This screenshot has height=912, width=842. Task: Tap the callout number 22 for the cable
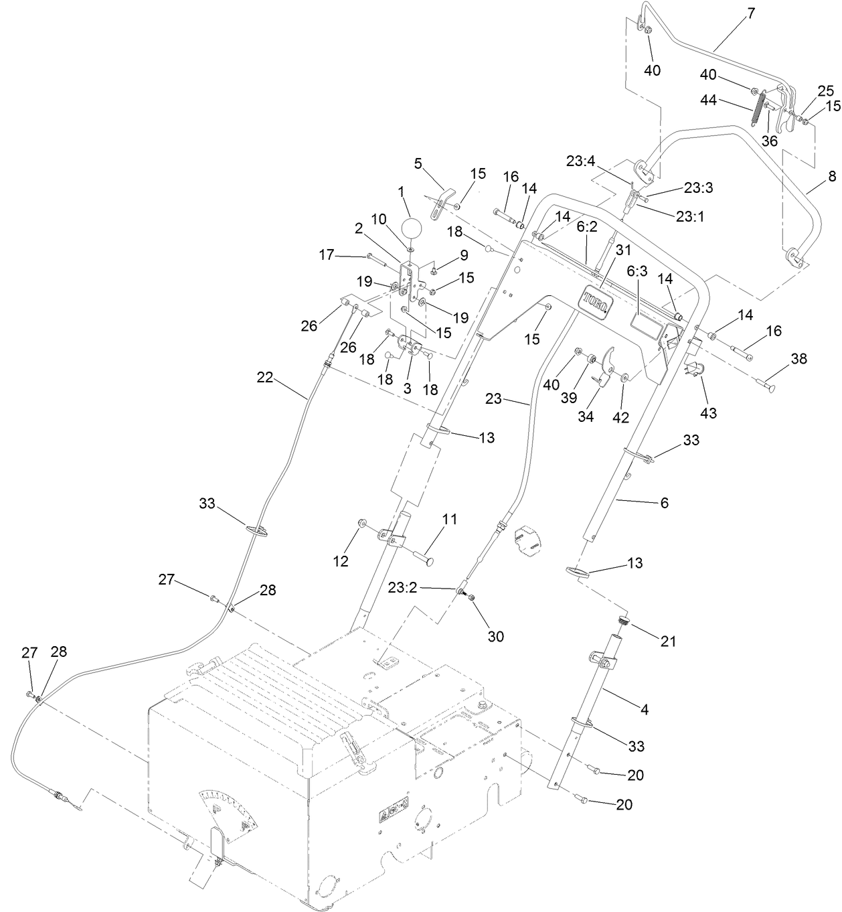pyautogui.click(x=265, y=377)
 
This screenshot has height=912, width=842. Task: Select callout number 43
pyautogui.click(x=707, y=413)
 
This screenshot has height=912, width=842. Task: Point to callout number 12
pyautogui.click(x=341, y=561)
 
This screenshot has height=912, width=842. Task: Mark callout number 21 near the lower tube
pyautogui.click(x=668, y=641)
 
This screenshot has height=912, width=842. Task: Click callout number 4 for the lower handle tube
pyautogui.click(x=645, y=708)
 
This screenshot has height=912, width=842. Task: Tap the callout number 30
pyautogui.click(x=495, y=636)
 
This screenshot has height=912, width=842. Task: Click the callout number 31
pyautogui.click(x=624, y=250)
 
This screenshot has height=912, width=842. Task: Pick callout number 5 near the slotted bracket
pyautogui.click(x=418, y=163)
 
